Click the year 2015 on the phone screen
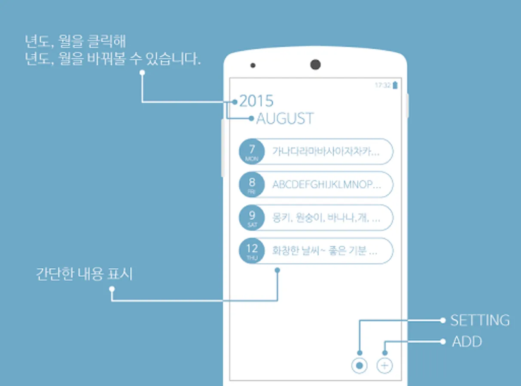[256, 101]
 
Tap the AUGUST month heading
[285, 119]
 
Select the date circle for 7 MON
[252, 151]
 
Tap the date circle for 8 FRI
[252, 184]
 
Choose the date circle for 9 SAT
[252, 217]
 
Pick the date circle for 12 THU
[252, 250]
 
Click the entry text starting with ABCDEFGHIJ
[326, 185]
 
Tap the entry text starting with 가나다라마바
[326, 152]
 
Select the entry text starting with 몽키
[326, 218]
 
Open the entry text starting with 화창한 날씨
[325, 251]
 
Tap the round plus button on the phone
[385, 366]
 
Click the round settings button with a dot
[360, 366]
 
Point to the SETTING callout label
[480, 320]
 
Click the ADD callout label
[467, 342]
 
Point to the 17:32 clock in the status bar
[382, 85]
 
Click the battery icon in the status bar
[395, 85]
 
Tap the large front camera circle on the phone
[315, 65]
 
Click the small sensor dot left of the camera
[253, 66]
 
